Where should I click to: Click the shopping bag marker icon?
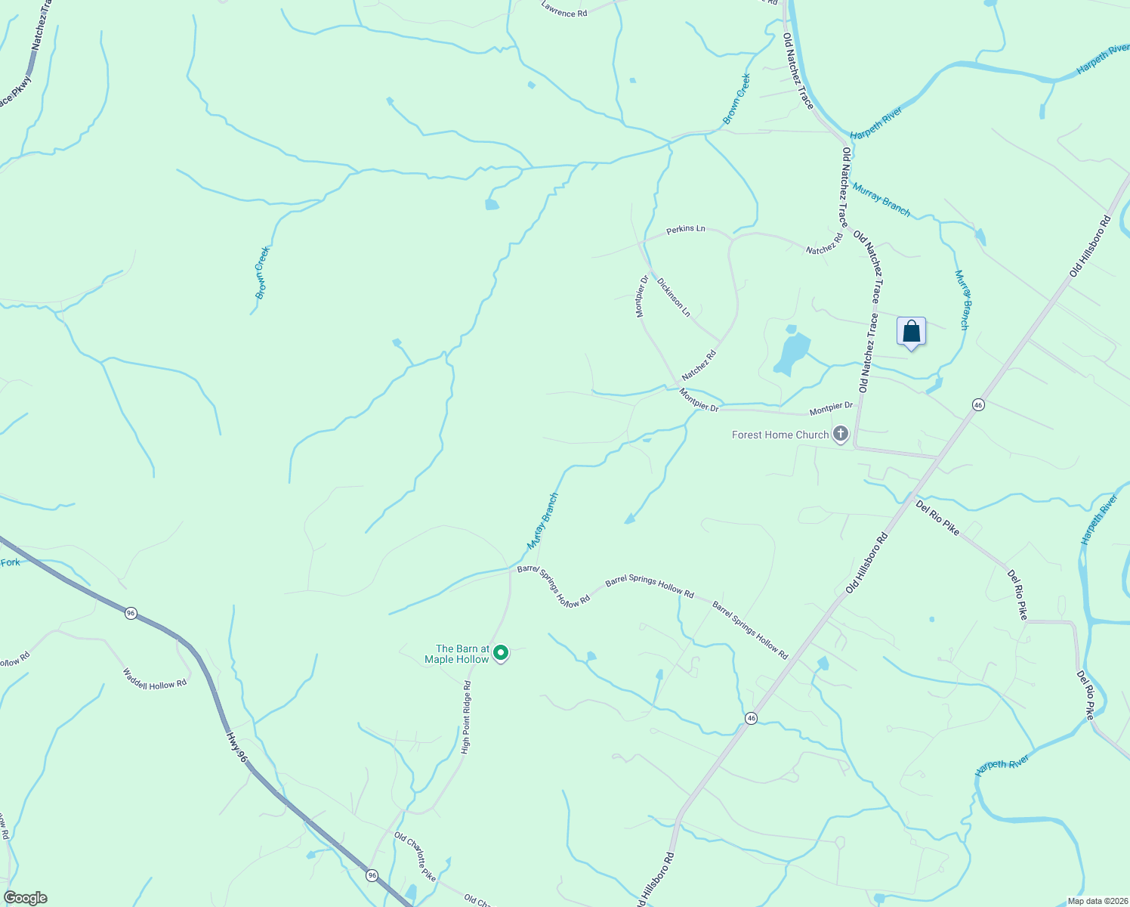(911, 332)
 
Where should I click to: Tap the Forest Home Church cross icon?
(840, 434)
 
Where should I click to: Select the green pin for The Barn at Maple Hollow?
(500, 652)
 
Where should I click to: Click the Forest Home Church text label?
(780, 435)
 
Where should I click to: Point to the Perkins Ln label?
(685, 228)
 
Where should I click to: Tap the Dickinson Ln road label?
(674, 297)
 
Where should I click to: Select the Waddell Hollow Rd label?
(155, 679)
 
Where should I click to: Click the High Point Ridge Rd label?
(467, 717)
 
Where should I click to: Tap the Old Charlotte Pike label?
(415, 856)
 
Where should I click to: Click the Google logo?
(25, 898)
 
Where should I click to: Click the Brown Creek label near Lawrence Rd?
(736, 98)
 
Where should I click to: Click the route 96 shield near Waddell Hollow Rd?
(131, 613)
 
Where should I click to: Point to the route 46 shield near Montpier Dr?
(978, 405)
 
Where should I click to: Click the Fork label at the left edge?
(10, 562)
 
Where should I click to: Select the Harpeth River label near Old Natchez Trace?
(876, 123)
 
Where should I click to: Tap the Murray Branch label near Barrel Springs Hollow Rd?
(542, 521)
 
